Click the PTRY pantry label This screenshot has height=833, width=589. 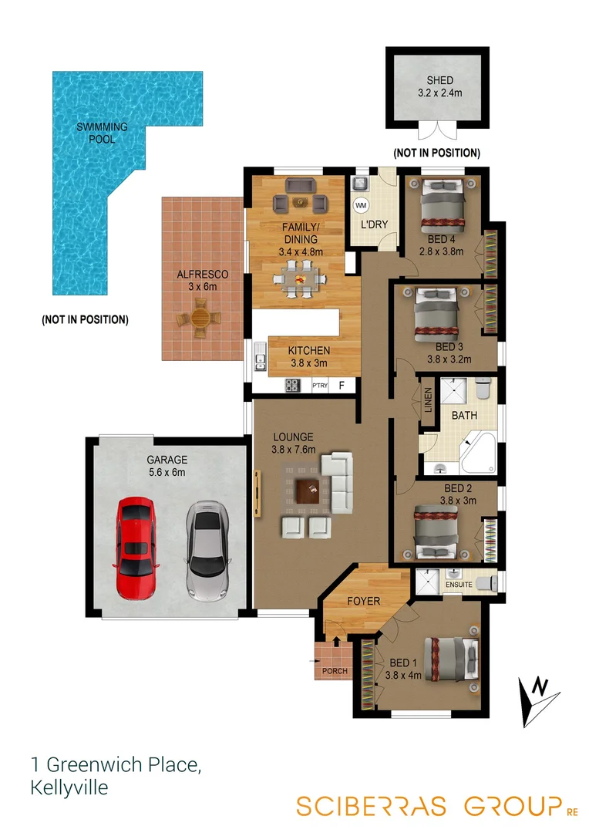(320, 385)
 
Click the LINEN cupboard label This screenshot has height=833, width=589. (429, 400)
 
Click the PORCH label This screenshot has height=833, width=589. (335, 671)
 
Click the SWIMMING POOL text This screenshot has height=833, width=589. (102, 133)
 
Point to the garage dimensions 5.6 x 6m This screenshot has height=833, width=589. (167, 473)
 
